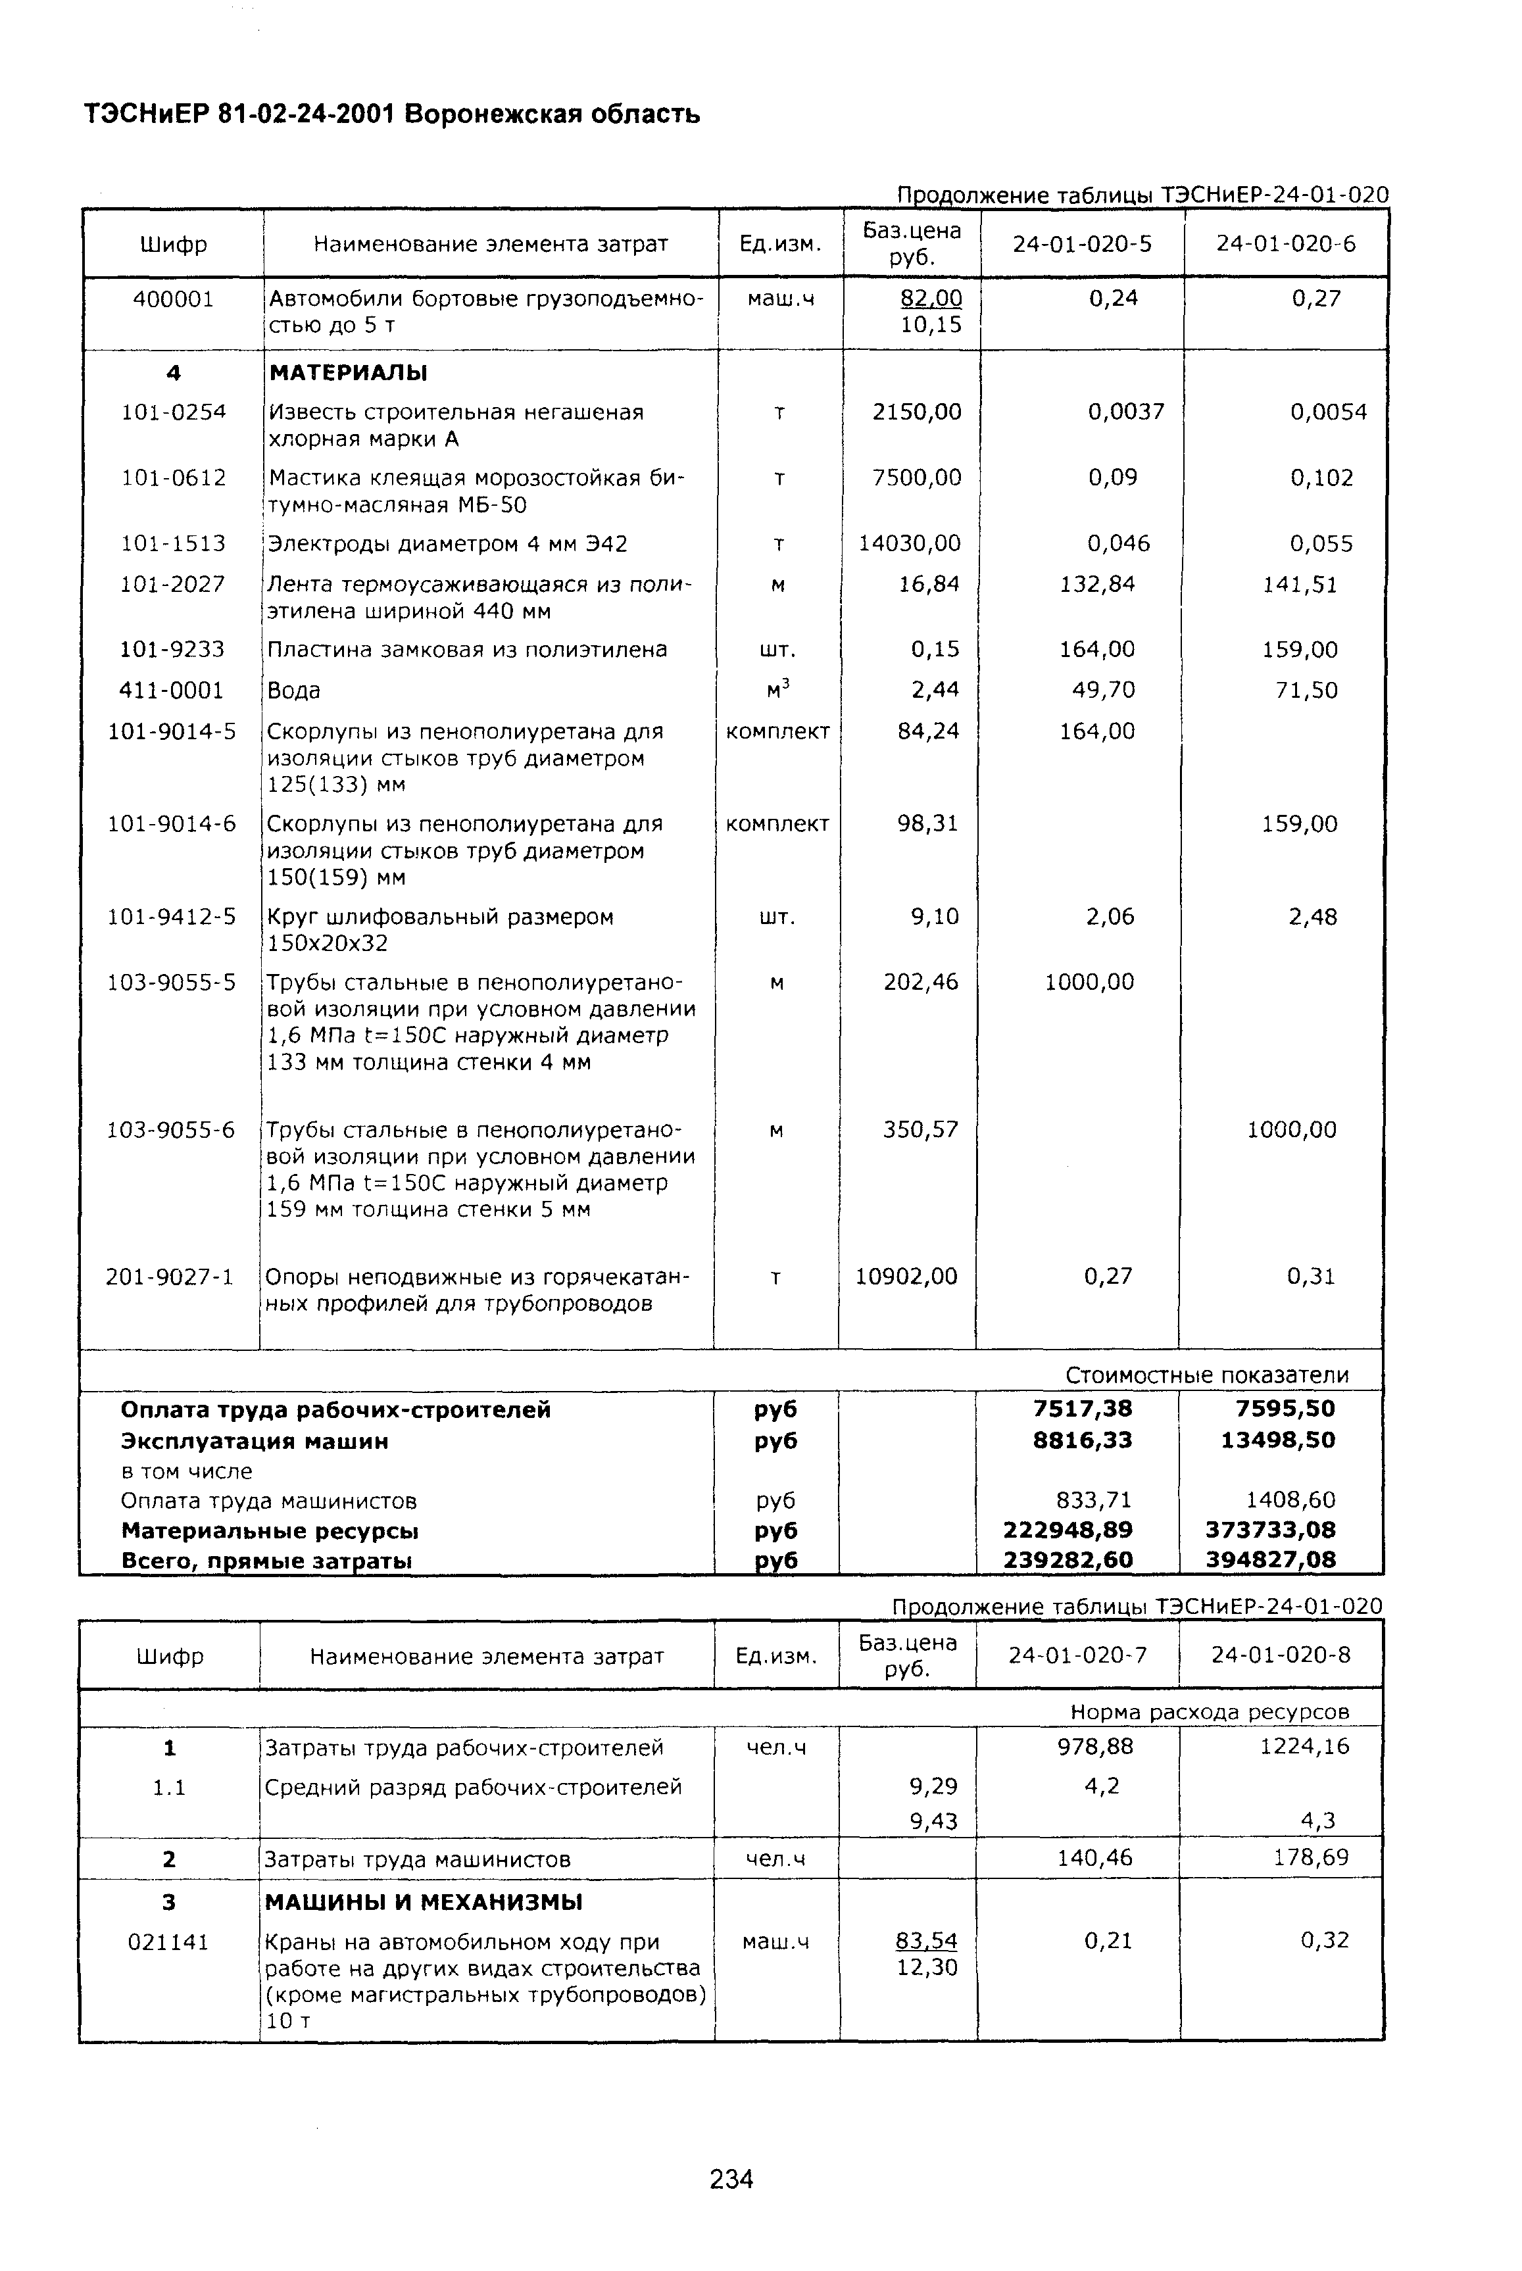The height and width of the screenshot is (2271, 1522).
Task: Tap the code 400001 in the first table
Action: (x=173, y=299)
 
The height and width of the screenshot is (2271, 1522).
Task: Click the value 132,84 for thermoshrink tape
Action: (x=1097, y=584)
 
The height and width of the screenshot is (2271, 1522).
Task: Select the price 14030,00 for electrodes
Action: (x=910, y=543)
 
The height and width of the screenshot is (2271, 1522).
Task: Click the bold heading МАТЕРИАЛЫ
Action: (x=347, y=373)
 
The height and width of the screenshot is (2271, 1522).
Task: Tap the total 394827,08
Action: (x=1271, y=1561)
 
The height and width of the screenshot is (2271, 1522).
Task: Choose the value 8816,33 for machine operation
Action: (x=1082, y=1440)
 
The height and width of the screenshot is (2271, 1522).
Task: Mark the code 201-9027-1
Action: (x=170, y=1276)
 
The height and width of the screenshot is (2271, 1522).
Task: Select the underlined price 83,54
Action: (x=926, y=1941)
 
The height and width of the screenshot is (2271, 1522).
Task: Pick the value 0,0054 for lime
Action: (x=1328, y=412)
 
